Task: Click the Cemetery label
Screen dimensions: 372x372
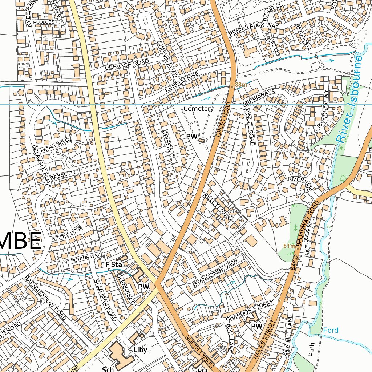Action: click(x=198, y=108)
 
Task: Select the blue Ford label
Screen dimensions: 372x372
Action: click(x=331, y=330)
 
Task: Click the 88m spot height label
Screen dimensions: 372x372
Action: click(x=240, y=85)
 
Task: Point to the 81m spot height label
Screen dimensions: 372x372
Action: click(x=289, y=246)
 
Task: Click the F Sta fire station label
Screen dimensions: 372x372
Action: click(x=113, y=264)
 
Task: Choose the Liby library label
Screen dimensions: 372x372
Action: click(x=140, y=350)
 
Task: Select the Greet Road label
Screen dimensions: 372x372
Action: click(x=223, y=119)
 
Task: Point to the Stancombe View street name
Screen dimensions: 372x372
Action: click(x=215, y=273)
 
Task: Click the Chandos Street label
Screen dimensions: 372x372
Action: click(x=249, y=311)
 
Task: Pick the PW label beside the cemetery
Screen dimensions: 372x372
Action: click(x=191, y=137)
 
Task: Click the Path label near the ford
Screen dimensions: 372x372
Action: click(x=311, y=349)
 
